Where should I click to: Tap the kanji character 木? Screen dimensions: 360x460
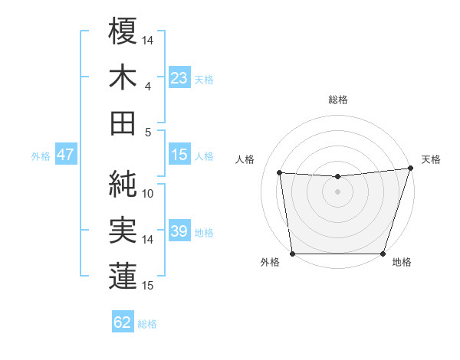(x=123, y=77)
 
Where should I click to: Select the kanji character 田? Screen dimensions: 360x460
(x=123, y=123)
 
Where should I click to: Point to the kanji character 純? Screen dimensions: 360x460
(x=123, y=183)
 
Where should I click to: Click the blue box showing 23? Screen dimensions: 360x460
(x=179, y=77)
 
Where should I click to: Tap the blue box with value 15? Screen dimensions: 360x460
(x=179, y=155)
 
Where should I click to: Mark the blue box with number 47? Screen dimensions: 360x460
(x=65, y=155)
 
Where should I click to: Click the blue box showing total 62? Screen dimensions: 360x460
(x=123, y=322)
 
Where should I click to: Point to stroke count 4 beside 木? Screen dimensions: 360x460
(x=147, y=86)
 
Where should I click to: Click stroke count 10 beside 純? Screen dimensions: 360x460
(x=148, y=193)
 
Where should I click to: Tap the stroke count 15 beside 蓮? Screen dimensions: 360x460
(x=148, y=286)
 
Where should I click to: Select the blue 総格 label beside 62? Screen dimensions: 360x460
(x=147, y=323)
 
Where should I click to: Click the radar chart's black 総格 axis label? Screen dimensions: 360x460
(x=337, y=100)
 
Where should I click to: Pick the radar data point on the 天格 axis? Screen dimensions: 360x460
(x=410, y=169)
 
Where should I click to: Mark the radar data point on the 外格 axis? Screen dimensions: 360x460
(x=292, y=254)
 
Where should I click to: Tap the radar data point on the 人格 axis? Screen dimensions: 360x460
(x=280, y=173)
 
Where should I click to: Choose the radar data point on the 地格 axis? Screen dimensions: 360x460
(x=383, y=254)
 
